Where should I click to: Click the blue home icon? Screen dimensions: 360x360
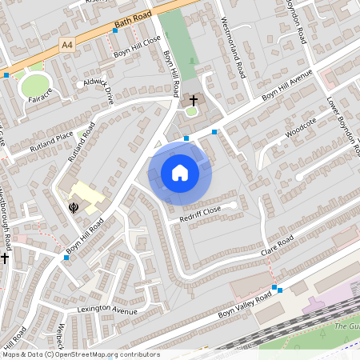tap(180, 172)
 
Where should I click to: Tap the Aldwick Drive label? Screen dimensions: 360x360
tap(98, 86)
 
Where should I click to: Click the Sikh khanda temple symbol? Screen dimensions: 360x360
tap(74, 207)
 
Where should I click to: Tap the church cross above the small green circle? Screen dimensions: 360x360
tap(192, 100)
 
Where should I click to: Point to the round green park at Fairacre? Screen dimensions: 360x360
tap(34, 85)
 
